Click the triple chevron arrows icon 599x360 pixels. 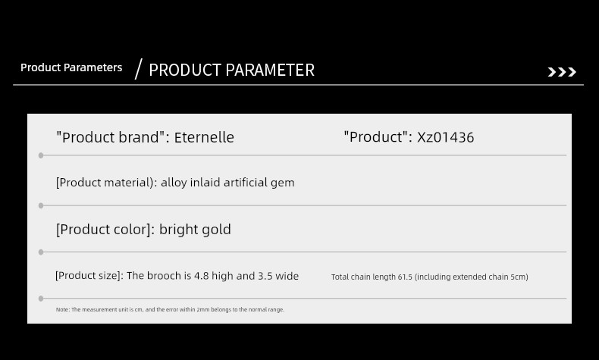(x=562, y=72)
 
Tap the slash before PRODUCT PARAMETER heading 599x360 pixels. (x=138, y=69)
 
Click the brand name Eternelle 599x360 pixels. (x=204, y=137)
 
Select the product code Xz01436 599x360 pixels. (x=445, y=137)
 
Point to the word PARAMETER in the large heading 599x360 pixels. (x=270, y=70)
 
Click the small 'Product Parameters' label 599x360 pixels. (x=71, y=67)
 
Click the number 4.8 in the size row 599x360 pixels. (x=202, y=276)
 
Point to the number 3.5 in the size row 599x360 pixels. (x=265, y=276)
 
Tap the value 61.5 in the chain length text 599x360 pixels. (x=405, y=277)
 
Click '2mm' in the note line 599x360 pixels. (x=203, y=310)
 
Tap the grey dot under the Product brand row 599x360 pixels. (x=41, y=155)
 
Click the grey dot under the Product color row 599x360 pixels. (x=41, y=252)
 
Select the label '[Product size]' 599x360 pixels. (x=89, y=276)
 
